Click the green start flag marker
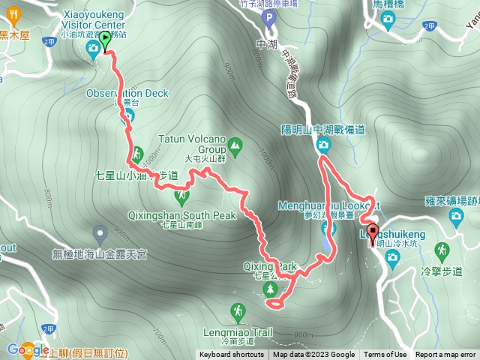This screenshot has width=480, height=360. tap(106, 40)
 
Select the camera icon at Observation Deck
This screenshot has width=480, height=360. tap(128, 115)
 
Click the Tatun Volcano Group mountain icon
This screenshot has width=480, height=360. tap(235, 143)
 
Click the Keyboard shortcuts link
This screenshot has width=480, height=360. tap(232, 355)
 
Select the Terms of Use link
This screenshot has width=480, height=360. tap(385, 355)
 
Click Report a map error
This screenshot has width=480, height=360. tap(445, 355)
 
